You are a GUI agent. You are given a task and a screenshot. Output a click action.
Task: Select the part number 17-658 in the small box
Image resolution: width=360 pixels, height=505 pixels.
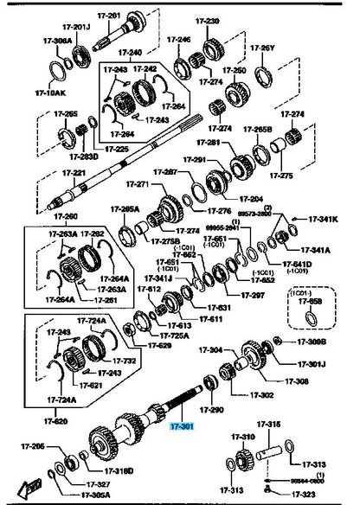[x=312, y=302]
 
